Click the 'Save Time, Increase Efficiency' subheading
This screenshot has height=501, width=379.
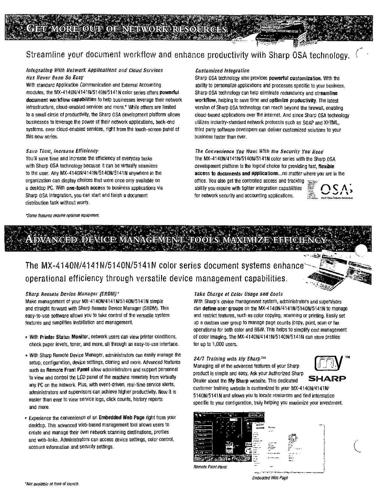[x=62, y=151]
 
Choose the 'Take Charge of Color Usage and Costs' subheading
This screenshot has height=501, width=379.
[x=239, y=294]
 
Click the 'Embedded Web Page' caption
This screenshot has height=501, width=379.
[x=270, y=478]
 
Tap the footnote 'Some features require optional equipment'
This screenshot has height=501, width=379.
[x=63, y=215]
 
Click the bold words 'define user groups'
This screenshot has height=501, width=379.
[x=223, y=309]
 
